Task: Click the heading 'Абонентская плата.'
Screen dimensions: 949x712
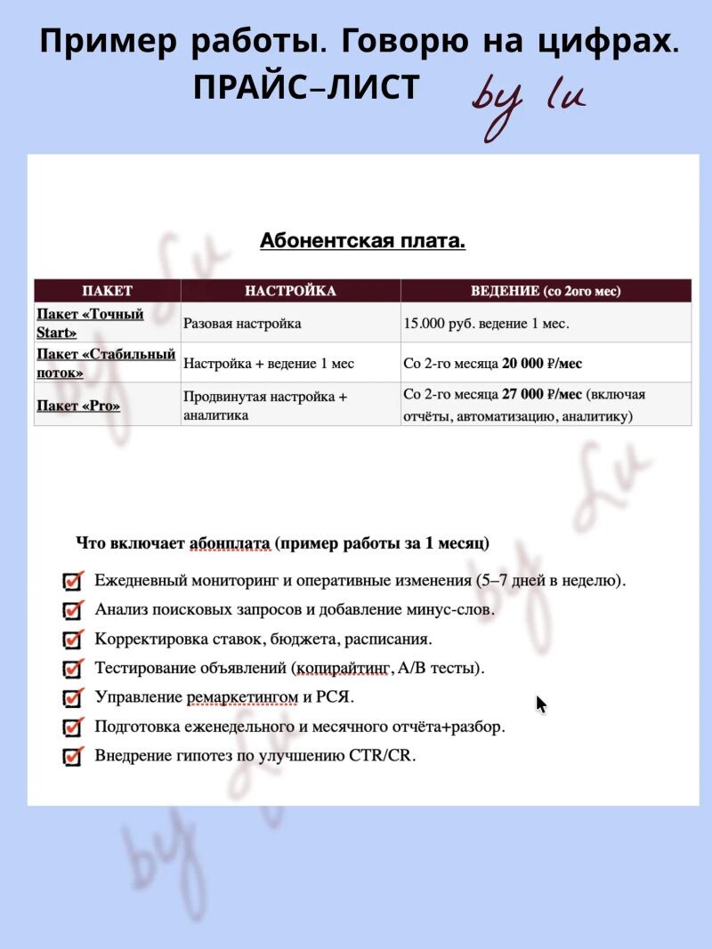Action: tap(362, 241)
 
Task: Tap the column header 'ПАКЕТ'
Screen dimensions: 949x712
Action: tap(107, 291)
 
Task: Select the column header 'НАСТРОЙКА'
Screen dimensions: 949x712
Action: tap(290, 291)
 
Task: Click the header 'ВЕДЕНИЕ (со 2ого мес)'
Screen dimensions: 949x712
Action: tap(545, 291)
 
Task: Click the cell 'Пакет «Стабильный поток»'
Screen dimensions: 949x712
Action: tap(105, 363)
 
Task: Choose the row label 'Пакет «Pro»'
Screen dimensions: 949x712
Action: tap(78, 406)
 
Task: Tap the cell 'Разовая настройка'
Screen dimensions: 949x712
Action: tap(242, 324)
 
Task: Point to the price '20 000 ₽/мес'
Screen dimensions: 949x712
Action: tap(542, 363)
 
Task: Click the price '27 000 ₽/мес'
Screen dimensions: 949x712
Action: tap(542, 395)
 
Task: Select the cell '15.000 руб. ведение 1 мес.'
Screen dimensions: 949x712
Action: tap(486, 324)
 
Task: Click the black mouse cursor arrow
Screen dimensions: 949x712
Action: tap(541, 704)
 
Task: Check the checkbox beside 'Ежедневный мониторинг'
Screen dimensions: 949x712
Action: tap(73, 581)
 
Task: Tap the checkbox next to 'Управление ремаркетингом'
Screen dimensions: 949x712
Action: tap(73, 697)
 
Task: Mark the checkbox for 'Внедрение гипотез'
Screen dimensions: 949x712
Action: tap(73, 756)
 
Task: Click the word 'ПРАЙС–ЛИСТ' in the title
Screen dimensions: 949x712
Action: tap(305, 87)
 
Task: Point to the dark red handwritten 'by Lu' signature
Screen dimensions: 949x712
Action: tap(529, 102)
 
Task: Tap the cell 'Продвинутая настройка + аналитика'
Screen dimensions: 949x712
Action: tap(265, 406)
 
